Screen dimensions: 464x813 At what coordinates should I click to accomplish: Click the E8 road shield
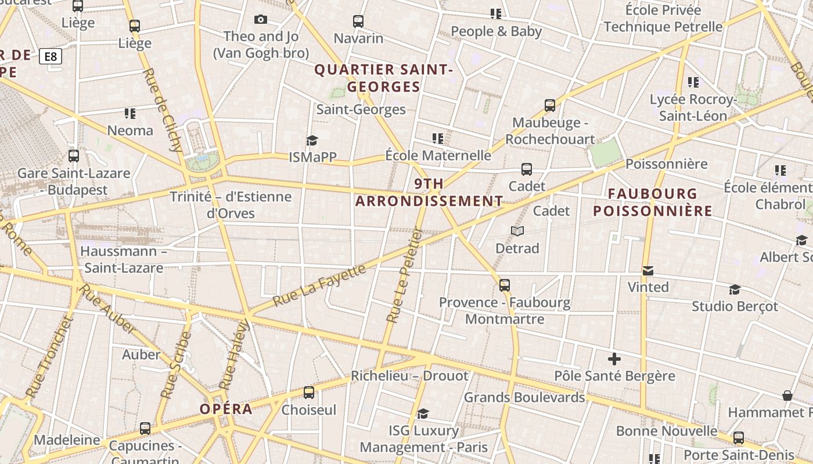[51, 56]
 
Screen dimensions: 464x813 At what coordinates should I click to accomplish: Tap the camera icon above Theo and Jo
[261, 19]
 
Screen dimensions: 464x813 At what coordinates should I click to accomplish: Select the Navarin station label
[358, 38]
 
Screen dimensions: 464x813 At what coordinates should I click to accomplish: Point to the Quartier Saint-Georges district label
[383, 78]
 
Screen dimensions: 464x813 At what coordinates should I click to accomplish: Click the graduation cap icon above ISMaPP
[312, 140]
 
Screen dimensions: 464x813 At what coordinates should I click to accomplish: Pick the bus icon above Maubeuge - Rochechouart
[550, 106]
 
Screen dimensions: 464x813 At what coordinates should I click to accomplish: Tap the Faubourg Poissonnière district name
[653, 202]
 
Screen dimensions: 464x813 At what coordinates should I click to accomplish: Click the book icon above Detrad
[517, 231]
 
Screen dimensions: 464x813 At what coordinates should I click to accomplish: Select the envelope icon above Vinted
[648, 270]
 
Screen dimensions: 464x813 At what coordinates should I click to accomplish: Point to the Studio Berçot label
[735, 306]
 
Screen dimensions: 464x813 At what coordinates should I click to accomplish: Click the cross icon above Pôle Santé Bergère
[614, 359]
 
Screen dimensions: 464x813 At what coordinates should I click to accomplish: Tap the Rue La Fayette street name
[319, 285]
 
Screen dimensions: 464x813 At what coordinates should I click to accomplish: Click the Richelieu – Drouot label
[409, 376]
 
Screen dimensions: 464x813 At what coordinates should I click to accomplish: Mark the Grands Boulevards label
[524, 397]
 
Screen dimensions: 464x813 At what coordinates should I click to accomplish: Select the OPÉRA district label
[226, 409]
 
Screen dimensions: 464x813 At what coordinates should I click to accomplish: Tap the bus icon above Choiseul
[309, 393]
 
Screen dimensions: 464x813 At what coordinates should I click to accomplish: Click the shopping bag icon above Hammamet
[787, 396]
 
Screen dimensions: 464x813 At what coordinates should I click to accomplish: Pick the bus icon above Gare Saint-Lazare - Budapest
[74, 156]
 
